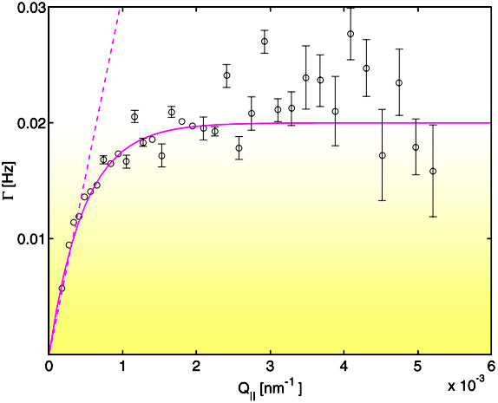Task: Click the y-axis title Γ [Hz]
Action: click(x=10, y=179)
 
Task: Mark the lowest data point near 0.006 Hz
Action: click(x=62, y=288)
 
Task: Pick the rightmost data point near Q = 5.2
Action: click(x=433, y=171)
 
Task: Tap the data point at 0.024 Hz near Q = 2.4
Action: click(x=226, y=75)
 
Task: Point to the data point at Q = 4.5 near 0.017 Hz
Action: click(x=382, y=155)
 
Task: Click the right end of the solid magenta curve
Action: click(x=490, y=123)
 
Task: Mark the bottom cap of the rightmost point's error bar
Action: click(x=433, y=217)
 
